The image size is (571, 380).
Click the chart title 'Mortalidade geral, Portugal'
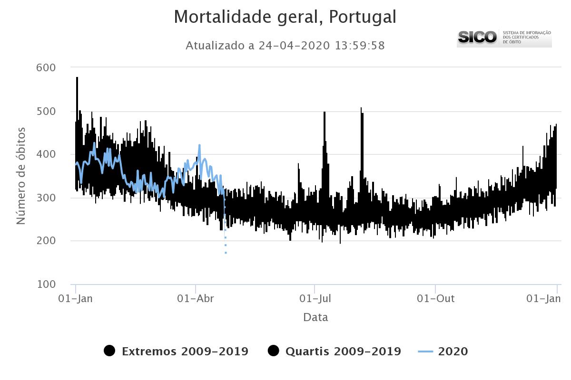click(285, 17)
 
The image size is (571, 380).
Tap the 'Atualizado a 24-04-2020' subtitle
click(285, 46)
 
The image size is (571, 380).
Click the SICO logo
click(504, 38)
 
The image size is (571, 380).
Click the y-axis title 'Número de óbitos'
click(21, 176)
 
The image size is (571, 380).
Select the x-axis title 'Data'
click(315, 317)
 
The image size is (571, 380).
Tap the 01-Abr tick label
click(196, 299)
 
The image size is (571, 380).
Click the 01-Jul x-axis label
click(315, 299)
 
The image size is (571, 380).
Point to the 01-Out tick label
click(435, 299)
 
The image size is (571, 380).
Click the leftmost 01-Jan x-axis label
click(75, 299)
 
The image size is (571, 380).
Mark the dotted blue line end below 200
click(226, 252)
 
